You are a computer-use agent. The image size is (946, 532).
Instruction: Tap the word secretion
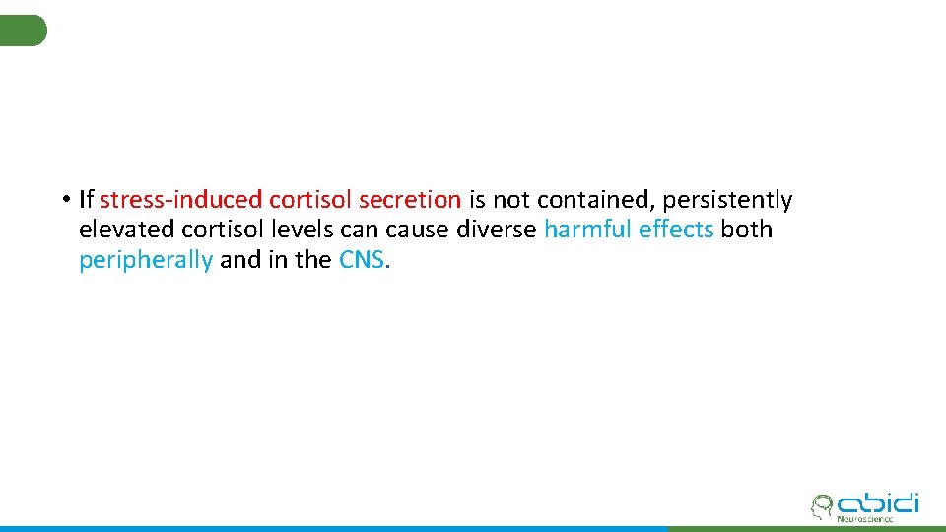(409, 200)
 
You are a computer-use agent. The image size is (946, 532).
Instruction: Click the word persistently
(727, 201)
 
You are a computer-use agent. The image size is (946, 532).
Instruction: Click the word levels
(294, 230)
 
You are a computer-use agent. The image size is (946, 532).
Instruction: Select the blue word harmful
(587, 230)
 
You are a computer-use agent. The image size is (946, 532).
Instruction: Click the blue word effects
(676, 230)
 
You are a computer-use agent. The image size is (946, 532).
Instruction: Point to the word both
(747, 230)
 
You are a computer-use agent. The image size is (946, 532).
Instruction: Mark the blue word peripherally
(146, 261)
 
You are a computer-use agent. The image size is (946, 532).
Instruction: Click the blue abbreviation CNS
(363, 260)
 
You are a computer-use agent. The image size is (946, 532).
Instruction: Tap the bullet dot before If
(62, 200)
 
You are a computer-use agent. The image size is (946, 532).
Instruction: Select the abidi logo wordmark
(877, 502)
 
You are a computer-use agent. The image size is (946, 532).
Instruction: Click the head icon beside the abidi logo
(820, 506)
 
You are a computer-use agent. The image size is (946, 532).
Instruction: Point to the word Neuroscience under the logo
(864, 519)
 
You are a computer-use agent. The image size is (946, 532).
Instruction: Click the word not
(511, 200)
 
